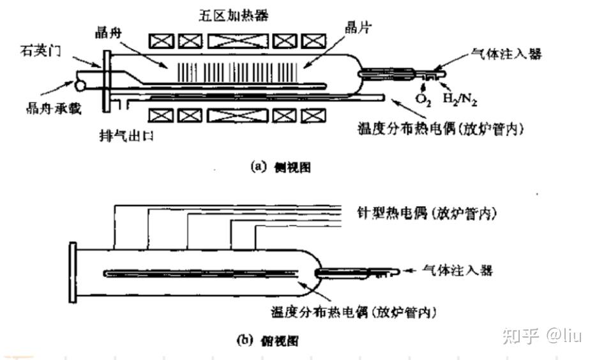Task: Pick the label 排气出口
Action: click(x=123, y=136)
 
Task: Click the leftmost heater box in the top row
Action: click(x=162, y=41)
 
